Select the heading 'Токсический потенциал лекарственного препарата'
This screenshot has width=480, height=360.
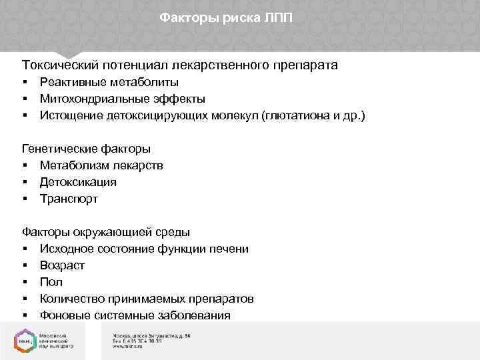coord(180,65)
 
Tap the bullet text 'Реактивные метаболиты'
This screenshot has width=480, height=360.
coord(109,82)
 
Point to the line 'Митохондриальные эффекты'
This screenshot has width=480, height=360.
coord(122,99)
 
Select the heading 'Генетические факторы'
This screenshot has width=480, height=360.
coord(86,149)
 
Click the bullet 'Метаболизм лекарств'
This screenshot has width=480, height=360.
coord(101,165)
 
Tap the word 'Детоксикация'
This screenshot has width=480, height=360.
coord(78,182)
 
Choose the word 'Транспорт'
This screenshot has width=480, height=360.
coord(69,199)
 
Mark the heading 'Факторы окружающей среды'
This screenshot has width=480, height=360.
coord(106,232)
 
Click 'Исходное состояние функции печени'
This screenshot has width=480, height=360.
coord(144,249)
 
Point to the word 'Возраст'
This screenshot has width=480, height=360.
coord(62,265)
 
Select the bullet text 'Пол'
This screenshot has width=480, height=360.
coord(51,282)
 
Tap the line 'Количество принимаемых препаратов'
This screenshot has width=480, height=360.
coord(146,299)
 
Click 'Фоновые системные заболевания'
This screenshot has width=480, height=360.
coord(135,315)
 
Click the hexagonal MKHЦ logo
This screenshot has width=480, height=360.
coord(24,339)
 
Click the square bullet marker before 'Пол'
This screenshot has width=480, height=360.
coord(24,283)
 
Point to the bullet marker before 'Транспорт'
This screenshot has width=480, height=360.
coord(24,199)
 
